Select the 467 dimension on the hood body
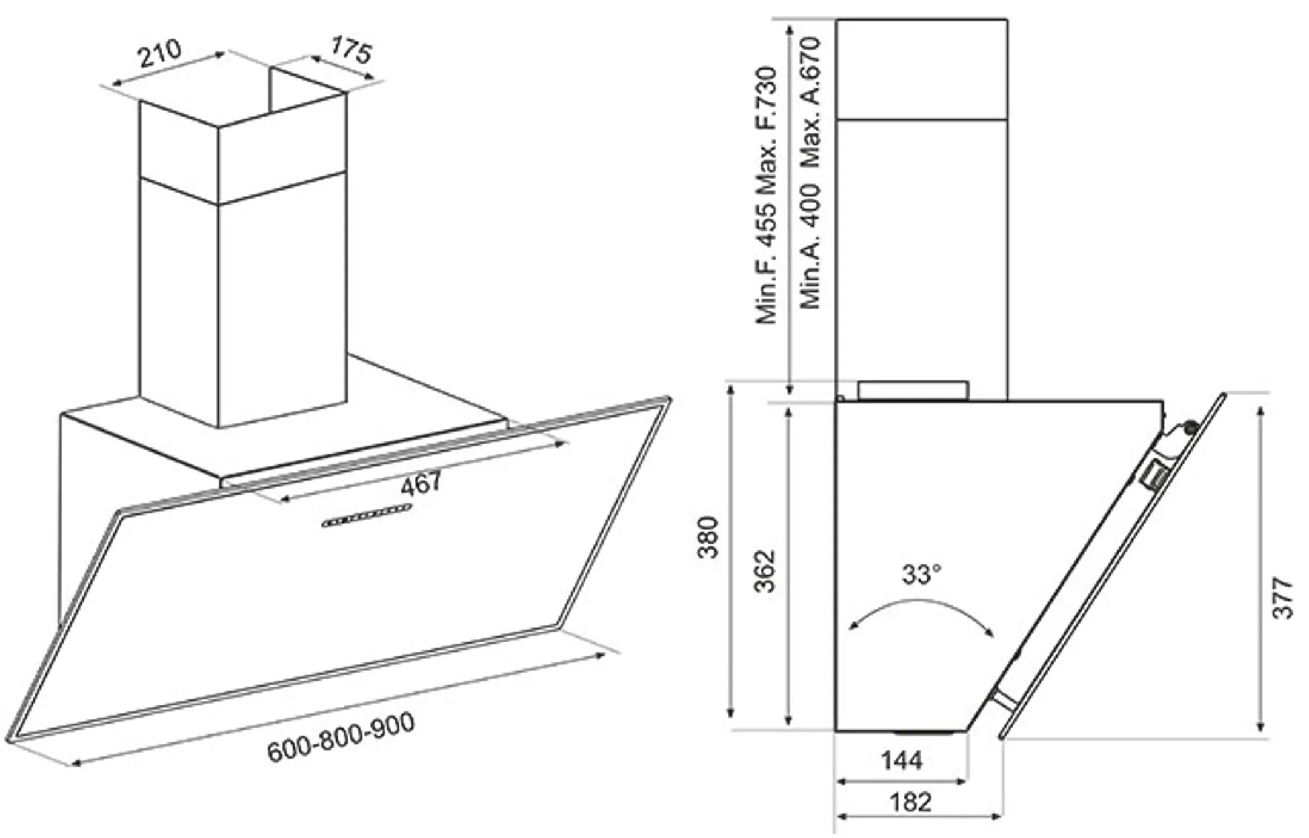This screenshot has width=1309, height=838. tap(421, 483)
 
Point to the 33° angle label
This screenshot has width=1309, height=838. tap(921, 574)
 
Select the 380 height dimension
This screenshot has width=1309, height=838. tap(707, 538)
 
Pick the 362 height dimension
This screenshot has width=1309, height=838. tap(765, 570)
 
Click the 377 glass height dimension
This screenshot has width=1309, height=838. tap(1282, 598)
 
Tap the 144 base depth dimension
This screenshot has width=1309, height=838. tap(901, 760)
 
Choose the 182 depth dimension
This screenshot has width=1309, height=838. tap(910, 802)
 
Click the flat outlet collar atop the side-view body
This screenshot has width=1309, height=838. tap(913, 391)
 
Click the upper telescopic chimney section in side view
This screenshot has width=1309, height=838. tap(921, 70)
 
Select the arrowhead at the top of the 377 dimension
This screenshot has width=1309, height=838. tap(1261, 412)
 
